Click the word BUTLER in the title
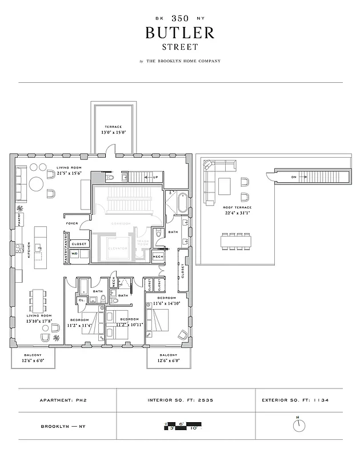click(x=180, y=33)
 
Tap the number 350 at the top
click(x=180, y=18)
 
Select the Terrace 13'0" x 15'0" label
click(x=113, y=129)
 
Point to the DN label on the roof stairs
click(x=294, y=177)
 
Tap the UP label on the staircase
click(x=155, y=177)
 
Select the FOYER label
click(x=72, y=223)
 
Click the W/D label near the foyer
click(x=74, y=254)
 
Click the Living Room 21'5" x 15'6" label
click(x=69, y=170)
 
